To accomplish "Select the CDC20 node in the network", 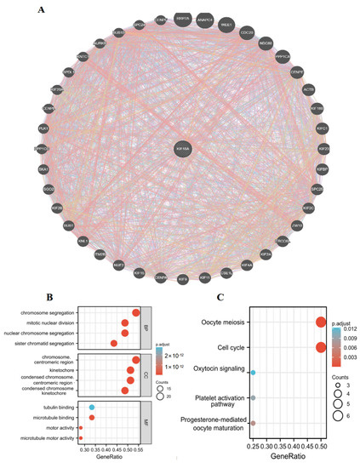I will (x=247, y=32).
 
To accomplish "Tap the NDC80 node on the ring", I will (x=265, y=43).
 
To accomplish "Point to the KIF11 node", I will (x=204, y=277).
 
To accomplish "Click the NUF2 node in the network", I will (x=119, y=265).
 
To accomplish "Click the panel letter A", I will (x=42, y=10).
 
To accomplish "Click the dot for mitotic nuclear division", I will (x=125, y=322).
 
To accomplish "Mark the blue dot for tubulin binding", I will (x=92, y=407).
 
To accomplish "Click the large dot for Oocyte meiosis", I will (x=321, y=322).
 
